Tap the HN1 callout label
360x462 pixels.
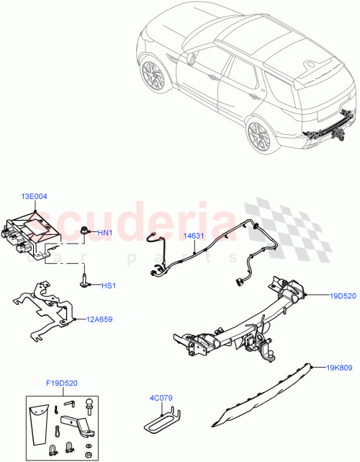click(x=105, y=232)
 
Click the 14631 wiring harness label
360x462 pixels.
click(x=192, y=236)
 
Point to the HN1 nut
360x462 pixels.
click(x=85, y=232)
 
